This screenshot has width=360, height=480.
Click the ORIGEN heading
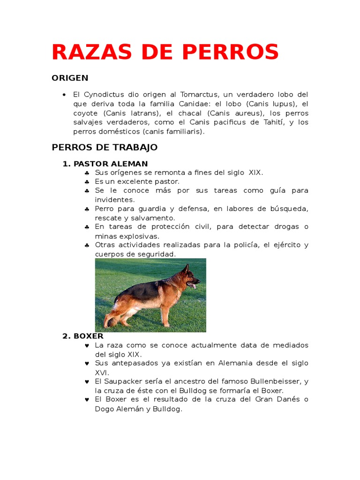point(70,78)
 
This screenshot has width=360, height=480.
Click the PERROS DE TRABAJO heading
point(105,147)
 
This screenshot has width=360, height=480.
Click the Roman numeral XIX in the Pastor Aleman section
point(255,172)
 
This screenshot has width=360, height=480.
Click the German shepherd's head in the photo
point(189,277)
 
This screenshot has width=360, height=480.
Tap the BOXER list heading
point(88,336)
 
